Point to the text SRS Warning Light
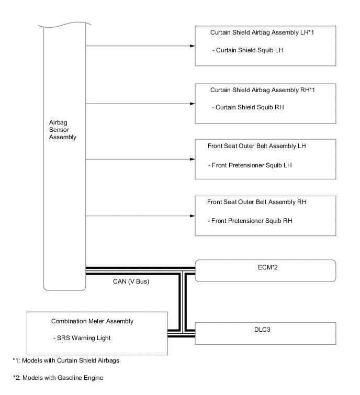click(82, 338)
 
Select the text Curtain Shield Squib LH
click(250, 50)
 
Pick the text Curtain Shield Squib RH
click(250, 107)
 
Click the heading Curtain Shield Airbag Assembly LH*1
click(265, 32)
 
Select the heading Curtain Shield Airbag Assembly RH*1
click(265, 90)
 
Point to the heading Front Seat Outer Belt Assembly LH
click(256, 146)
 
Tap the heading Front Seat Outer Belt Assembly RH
click(256, 201)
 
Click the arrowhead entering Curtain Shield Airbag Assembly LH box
click(192, 46)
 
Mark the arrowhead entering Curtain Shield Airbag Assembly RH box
click(192, 103)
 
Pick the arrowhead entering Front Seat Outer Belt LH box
click(192, 159)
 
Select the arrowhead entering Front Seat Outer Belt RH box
click(192, 216)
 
